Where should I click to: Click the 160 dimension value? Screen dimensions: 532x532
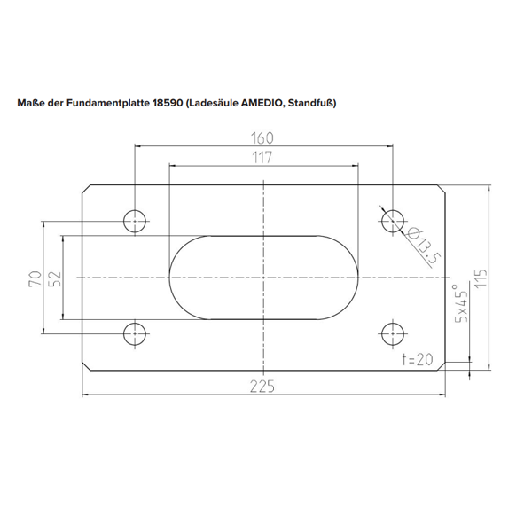pyautogui.click(x=262, y=137)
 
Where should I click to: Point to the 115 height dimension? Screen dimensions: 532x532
pyautogui.click(x=480, y=278)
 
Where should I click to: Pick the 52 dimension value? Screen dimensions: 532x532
pyautogui.click(x=54, y=280)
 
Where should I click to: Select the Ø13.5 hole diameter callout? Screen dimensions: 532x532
pyautogui.click(x=425, y=246)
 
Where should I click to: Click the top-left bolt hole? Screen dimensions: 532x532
pyautogui.click(x=135, y=219)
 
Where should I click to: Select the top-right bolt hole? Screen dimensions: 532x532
pyautogui.click(x=391, y=219)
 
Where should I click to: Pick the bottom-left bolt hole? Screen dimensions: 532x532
pyautogui.click(x=135, y=333)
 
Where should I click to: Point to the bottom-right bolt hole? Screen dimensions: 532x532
pyautogui.click(x=391, y=333)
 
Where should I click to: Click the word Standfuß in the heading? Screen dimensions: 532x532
pyautogui.click(x=311, y=103)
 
